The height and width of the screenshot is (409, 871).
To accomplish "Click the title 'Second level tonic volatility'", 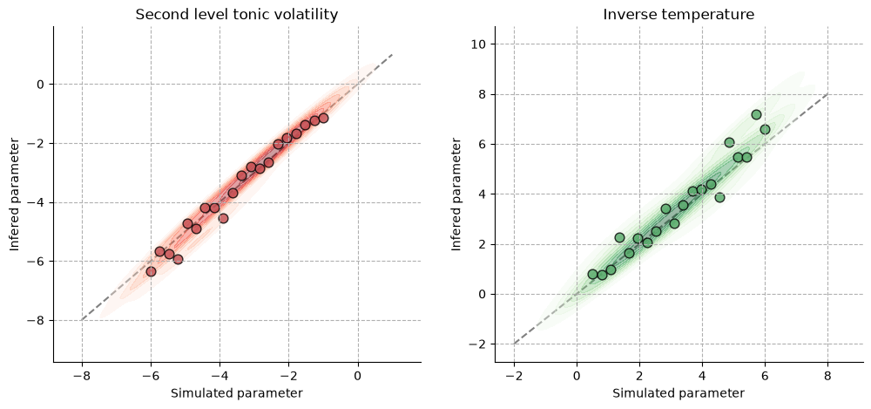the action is [x=237, y=15].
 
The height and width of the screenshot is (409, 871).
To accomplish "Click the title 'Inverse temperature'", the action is [x=679, y=15].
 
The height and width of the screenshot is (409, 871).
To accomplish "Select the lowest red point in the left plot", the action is [x=151, y=271].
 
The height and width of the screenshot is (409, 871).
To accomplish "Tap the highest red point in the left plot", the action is [x=323, y=118].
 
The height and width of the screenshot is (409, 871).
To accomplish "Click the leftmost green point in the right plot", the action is [x=592, y=275].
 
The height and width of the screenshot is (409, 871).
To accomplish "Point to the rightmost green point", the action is [x=765, y=129].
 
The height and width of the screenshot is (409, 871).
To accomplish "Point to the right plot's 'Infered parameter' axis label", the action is [x=456, y=194].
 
